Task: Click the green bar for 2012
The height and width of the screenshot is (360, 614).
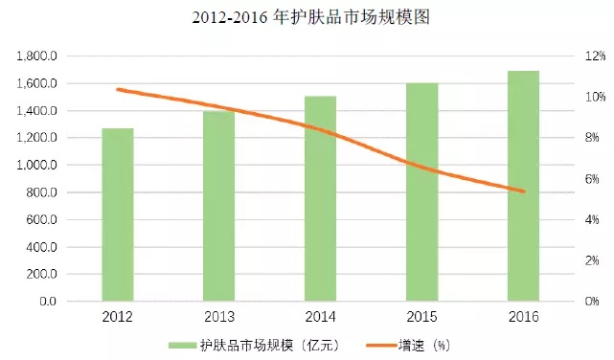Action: (118, 214)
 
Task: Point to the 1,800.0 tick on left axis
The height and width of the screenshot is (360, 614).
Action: (37, 56)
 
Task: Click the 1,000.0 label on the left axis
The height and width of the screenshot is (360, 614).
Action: (37, 166)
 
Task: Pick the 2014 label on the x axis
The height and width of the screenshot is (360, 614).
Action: (320, 317)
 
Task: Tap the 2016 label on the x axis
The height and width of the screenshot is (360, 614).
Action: (523, 317)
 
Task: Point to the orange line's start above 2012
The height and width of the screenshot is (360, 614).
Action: (118, 89)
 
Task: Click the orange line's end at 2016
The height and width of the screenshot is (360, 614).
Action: (523, 191)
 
